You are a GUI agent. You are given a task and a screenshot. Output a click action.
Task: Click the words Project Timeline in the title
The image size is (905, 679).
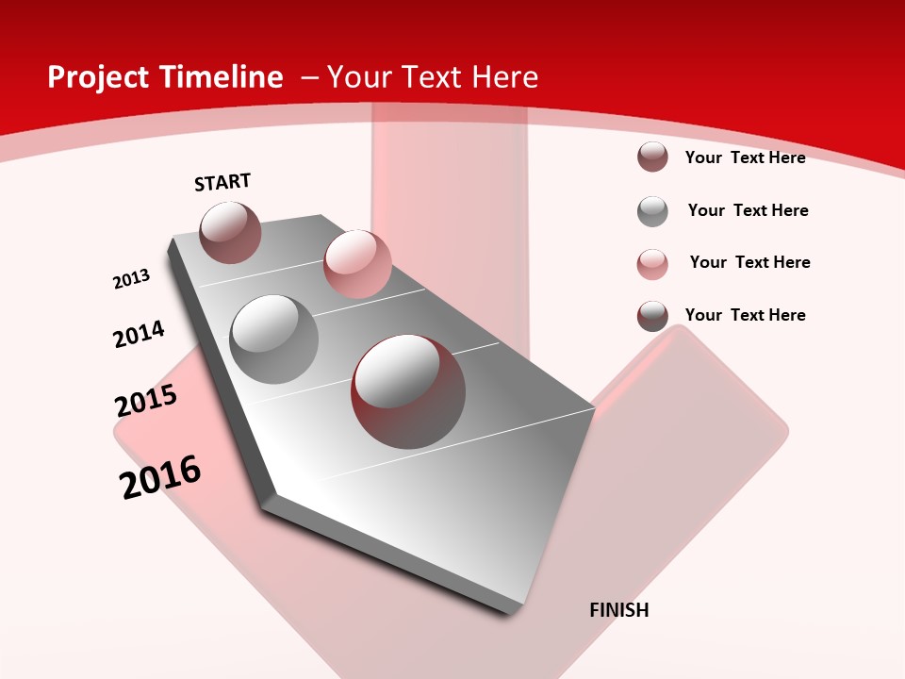tap(165, 77)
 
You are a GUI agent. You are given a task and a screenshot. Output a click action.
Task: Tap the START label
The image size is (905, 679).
tap(222, 182)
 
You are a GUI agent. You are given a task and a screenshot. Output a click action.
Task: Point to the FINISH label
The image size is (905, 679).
tap(619, 610)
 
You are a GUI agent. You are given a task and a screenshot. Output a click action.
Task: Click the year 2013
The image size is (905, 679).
tap(132, 279)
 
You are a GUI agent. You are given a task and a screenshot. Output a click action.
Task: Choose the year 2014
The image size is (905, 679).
tap(140, 334)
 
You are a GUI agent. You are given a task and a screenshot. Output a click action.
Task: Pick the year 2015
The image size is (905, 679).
tap(146, 401)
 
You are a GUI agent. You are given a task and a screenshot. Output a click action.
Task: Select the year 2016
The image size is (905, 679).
tap(160, 477)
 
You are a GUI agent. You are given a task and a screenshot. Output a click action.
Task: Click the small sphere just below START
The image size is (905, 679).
tap(230, 232)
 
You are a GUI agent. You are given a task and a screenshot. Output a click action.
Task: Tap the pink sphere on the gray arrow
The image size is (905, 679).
tap(357, 264)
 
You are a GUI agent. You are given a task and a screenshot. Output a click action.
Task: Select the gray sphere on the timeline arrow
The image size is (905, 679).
tap(274, 339)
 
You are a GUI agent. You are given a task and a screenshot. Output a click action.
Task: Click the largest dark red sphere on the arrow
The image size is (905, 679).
tap(408, 391)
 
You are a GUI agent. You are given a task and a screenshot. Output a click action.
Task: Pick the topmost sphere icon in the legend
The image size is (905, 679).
tap(652, 157)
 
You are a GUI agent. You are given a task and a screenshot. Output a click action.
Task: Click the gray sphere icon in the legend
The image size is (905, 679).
tap(652, 211)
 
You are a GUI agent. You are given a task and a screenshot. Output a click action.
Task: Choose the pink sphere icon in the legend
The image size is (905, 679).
tap(652, 264)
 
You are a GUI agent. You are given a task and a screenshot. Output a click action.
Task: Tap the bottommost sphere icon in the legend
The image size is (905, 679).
tap(652, 316)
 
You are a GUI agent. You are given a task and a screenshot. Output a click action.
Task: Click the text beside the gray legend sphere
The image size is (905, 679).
tap(748, 210)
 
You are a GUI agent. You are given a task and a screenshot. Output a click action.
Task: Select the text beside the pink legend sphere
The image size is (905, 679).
tap(749, 262)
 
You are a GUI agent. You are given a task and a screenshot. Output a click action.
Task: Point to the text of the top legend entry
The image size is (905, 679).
tap(745, 157)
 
